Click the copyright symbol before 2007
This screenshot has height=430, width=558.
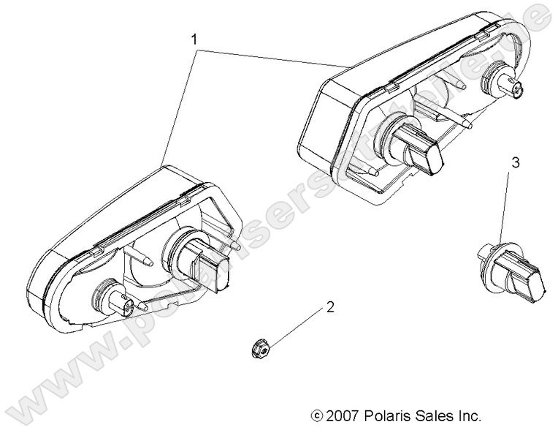[316, 415]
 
